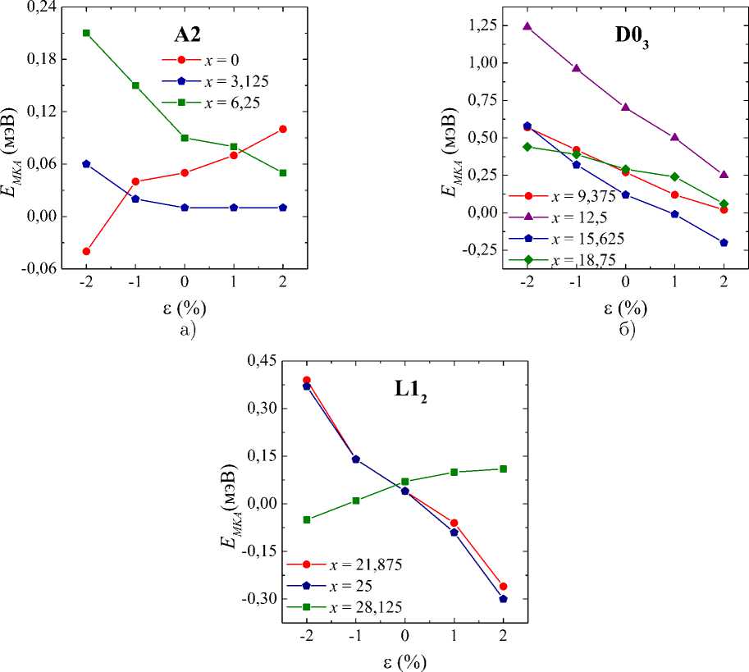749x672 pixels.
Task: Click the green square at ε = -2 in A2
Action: (x=86, y=33)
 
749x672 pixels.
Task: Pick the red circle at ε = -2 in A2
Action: (x=86, y=251)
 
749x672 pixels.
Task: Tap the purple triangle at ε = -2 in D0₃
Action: (x=527, y=26)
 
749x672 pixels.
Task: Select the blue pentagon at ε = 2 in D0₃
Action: (x=724, y=243)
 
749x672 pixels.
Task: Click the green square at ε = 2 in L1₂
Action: (x=503, y=469)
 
